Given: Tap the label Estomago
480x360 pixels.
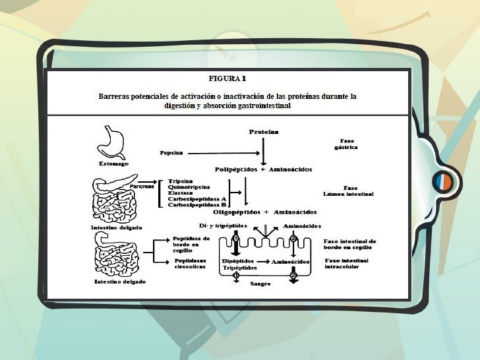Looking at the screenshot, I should point(114,163).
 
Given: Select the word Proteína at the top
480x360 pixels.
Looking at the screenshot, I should point(263,132).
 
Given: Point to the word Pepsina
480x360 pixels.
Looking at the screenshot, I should point(171,153).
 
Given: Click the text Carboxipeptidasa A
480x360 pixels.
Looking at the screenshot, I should point(196,198).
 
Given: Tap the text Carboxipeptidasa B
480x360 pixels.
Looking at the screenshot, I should point(196,204).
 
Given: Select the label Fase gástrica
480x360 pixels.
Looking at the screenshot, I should point(347,144).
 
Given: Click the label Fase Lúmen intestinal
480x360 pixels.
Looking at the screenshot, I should point(348,191).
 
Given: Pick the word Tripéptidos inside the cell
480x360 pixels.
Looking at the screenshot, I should point(236,268).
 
